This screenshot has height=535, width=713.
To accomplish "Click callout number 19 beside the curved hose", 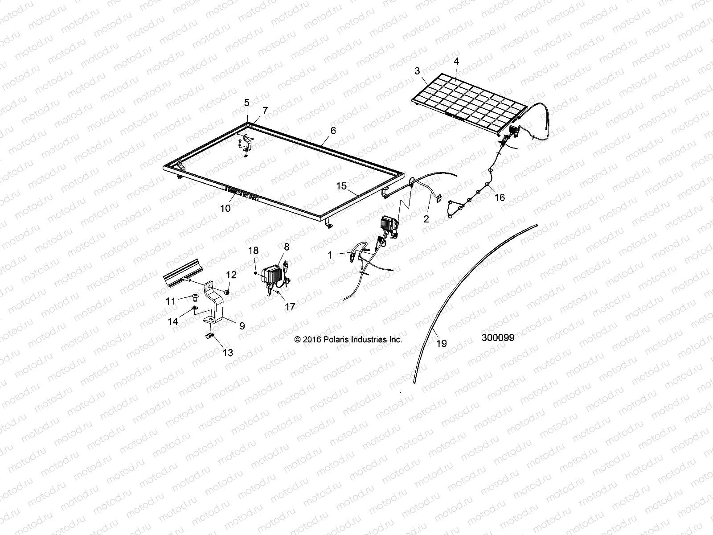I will click(442, 343).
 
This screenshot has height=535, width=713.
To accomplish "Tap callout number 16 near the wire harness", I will click(500, 197).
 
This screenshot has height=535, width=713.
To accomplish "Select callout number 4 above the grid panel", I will click(456, 62).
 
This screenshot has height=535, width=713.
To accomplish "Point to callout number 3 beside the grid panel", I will click(417, 71).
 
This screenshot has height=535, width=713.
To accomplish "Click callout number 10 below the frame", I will click(225, 208).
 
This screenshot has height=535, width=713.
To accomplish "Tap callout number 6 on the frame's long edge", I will click(333, 131).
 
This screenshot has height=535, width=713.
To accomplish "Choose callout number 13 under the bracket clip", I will click(228, 353).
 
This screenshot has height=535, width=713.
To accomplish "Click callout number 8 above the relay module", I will click(286, 247).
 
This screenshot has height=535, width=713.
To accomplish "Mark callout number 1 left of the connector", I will click(330, 255).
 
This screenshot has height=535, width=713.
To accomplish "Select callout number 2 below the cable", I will click(426, 218).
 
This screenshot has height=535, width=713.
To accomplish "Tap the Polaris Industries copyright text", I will click(348, 340).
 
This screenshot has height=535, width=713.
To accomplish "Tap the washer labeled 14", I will click(196, 308).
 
